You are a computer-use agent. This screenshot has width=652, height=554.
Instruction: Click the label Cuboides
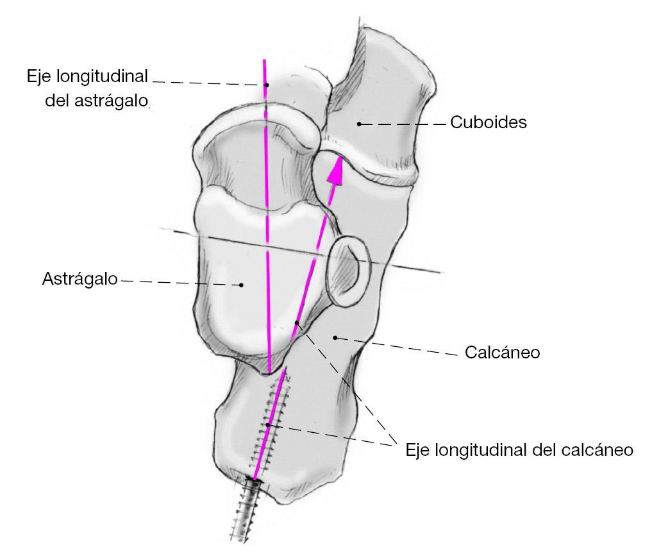pos(488,122)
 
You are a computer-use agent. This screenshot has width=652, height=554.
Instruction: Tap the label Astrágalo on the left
pos(79,280)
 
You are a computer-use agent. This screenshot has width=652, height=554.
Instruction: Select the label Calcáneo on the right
pos(501,353)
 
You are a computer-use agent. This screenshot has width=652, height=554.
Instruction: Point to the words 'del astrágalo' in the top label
pos(97,101)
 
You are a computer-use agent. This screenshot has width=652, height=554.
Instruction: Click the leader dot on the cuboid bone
pos(360,123)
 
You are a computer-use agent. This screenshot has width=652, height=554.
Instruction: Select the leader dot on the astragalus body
pos(240,284)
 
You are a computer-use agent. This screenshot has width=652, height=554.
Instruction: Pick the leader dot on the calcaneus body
pos(335,337)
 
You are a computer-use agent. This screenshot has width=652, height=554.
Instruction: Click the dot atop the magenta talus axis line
pos(267,85)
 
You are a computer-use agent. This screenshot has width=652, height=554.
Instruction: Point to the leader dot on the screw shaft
pos(267,424)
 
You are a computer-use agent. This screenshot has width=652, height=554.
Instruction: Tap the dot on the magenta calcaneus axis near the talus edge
pos(297,322)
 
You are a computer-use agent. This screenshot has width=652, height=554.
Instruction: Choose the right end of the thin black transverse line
pos(441,272)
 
